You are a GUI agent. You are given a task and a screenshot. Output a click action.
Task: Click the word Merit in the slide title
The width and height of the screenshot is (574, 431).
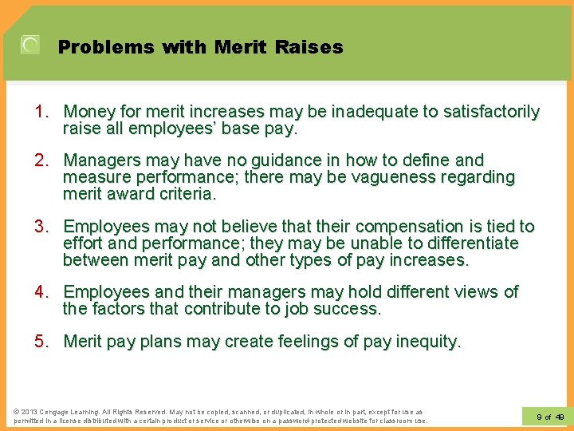pyautogui.click(x=240, y=47)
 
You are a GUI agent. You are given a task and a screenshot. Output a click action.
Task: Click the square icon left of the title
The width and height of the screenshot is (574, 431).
pyautogui.click(x=29, y=45)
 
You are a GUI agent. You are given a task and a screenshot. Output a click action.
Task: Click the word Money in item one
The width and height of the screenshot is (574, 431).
pyautogui.click(x=88, y=112)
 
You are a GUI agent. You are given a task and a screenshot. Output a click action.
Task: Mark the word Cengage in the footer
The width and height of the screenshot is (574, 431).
pyautogui.click(x=54, y=411)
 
